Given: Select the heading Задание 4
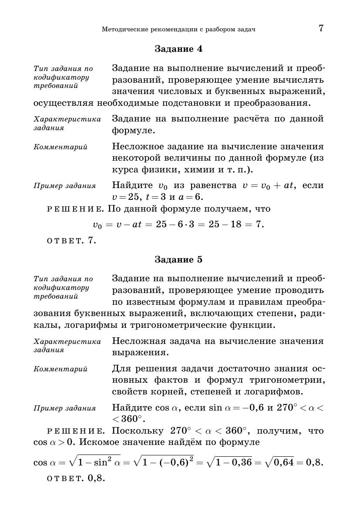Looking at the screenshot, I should tap(178, 49).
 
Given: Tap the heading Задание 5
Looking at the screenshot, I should tap(178, 259).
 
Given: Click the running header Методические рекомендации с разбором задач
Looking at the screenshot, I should tap(178, 30).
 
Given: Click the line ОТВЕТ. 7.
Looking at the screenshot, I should tap(71, 240).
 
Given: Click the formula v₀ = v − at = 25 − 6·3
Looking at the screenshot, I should tap(178, 225).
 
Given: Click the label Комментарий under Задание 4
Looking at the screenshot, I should tap(61, 147).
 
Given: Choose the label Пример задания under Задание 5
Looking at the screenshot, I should tap(64, 408).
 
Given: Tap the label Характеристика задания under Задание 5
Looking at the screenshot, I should tap(67, 346).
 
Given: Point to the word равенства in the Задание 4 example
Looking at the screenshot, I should tap(210, 185).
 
